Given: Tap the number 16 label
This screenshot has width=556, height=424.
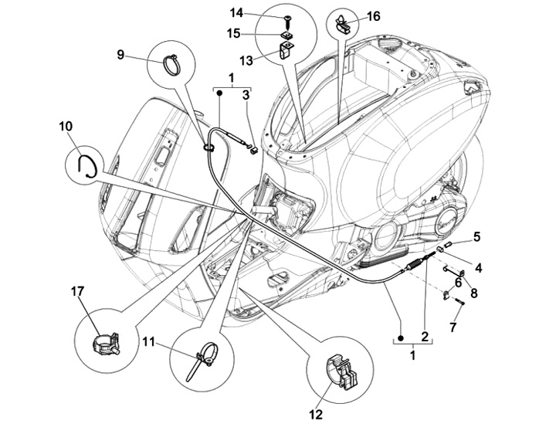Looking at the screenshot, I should coord(373,15).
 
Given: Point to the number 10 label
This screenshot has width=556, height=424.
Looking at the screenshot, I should coord(65,124).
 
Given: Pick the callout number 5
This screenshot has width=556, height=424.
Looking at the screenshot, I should coord(477,236).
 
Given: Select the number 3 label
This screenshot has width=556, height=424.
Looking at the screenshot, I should coord(246,94).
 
